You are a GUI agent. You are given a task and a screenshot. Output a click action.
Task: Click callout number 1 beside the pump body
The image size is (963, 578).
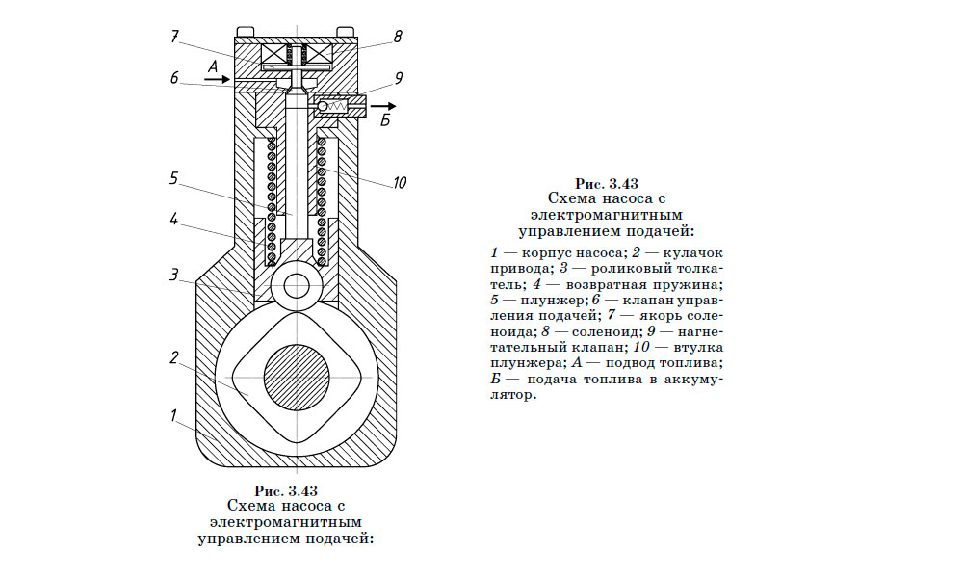tap(174, 416)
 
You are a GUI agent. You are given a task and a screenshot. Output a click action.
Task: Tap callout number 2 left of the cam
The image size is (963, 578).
tap(174, 357)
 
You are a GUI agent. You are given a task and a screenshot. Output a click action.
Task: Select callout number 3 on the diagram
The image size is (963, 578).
tap(174, 275)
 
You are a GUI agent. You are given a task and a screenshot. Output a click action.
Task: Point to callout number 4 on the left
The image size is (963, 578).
tap(174, 219)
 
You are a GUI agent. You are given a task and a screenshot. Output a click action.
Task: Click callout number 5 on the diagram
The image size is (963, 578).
tap(174, 178)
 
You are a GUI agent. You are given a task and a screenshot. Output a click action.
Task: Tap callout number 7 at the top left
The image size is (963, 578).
tap(174, 38)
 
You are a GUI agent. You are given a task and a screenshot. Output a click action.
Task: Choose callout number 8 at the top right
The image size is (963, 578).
tap(397, 38)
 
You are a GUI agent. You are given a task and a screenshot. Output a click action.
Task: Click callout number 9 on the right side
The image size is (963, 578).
tap(397, 79)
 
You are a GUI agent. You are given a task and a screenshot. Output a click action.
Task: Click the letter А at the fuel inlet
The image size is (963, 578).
tap(214, 64)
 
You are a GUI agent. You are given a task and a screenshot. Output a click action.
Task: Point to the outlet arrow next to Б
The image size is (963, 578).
tap(383, 105)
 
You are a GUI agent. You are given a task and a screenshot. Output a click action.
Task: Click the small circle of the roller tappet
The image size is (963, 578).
tap(296, 285)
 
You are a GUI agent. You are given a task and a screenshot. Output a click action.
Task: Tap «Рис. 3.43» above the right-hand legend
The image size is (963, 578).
tap(607, 182)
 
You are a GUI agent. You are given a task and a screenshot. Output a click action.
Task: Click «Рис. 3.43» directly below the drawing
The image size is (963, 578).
tap(285, 489)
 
